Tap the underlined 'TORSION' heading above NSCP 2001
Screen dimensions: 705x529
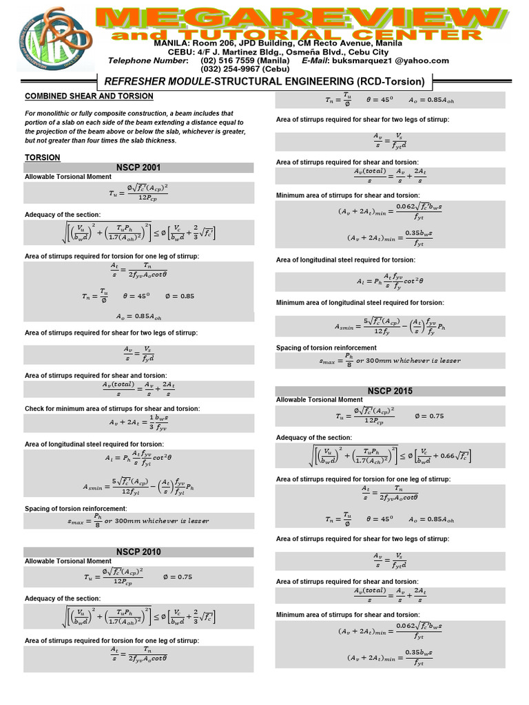(x=43, y=158)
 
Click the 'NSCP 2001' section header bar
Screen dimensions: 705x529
(x=140, y=168)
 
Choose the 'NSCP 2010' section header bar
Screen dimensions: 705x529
(x=140, y=551)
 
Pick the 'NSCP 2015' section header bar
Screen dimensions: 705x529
(x=390, y=390)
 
